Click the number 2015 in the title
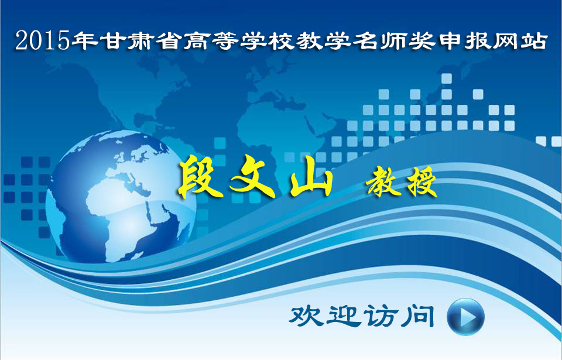point(42,40)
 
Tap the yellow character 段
point(201,177)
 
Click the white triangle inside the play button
point(467,317)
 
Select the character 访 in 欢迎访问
point(380,316)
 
